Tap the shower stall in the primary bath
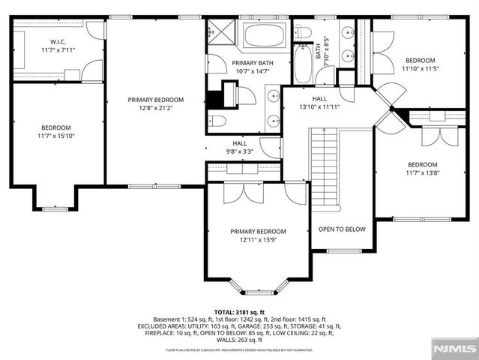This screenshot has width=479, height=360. coord(222,34)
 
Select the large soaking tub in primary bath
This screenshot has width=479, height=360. coord(264,37)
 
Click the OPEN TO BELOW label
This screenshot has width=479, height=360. coord(341,229)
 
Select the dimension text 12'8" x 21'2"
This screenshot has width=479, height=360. coord(155,108)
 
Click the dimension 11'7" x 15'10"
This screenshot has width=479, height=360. coord(57,136)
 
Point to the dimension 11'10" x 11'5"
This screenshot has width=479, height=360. coord(420,69)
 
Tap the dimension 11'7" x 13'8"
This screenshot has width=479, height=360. coord(421,173)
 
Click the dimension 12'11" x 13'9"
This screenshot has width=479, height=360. coord(258,240)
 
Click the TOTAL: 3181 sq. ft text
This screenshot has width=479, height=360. coord(239,311)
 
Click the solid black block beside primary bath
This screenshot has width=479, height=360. coord(218,98)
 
